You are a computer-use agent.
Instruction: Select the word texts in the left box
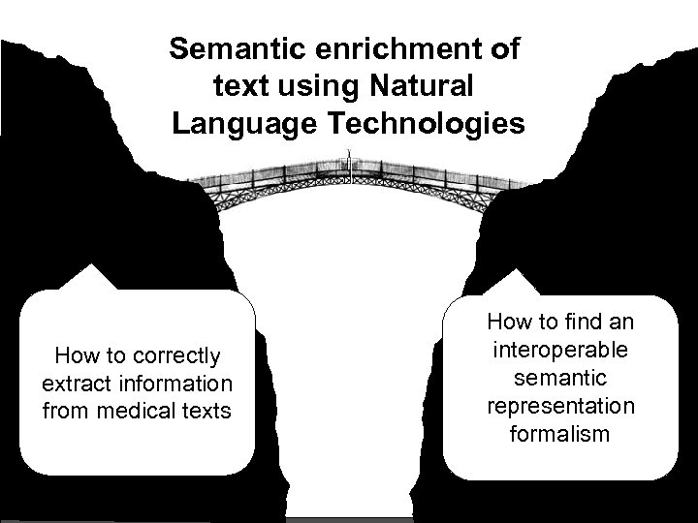(206, 411)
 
